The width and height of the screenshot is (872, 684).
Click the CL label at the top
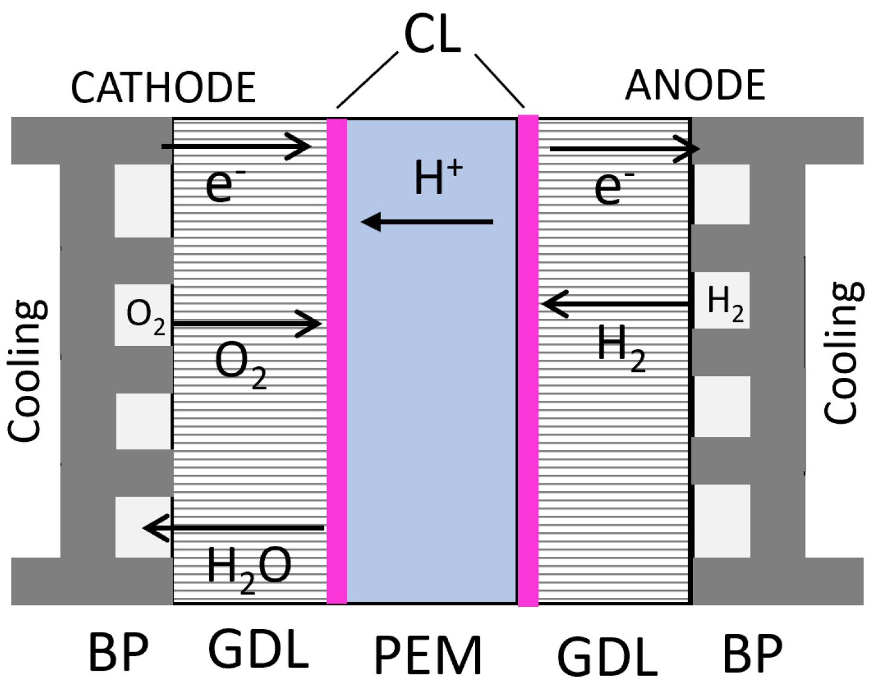pyautogui.click(x=432, y=35)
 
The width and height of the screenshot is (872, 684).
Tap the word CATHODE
pyautogui.click(x=163, y=87)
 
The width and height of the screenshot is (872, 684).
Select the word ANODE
pyautogui.click(x=695, y=85)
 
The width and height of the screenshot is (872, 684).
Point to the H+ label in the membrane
pyautogui.click(x=438, y=177)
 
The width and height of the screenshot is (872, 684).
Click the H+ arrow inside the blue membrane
pyautogui.click(x=427, y=222)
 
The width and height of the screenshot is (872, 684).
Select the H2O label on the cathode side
pyautogui.click(x=249, y=570)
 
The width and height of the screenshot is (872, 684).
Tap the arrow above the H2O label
pyautogui.click(x=233, y=528)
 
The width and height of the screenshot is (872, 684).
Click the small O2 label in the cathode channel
pyautogui.click(x=146, y=317)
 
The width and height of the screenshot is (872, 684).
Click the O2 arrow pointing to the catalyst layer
pyautogui.click(x=247, y=324)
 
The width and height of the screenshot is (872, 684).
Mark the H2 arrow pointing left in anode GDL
pyautogui.click(x=615, y=304)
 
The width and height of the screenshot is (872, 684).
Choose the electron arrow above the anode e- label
pyautogui.click(x=624, y=149)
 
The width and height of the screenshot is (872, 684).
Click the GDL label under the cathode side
pyautogui.click(x=258, y=649)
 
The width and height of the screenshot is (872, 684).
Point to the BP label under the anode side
pyautogui.click(x=753, y=653)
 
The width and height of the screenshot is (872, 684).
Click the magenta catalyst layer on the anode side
pyautogui.click(x=528, y=360)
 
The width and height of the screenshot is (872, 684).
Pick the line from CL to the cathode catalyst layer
pyautogui.click(x=368, y=80)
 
